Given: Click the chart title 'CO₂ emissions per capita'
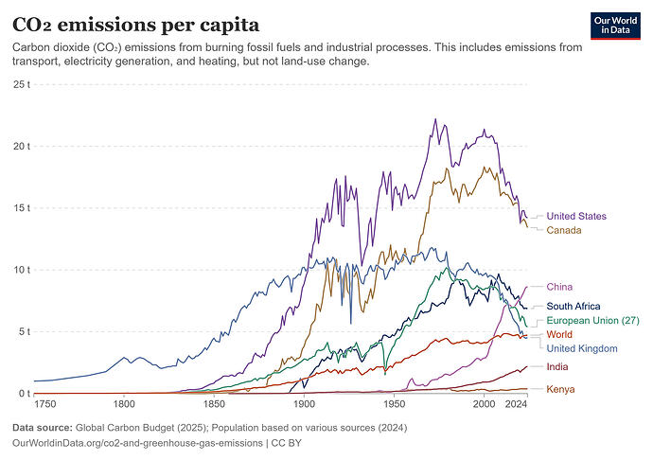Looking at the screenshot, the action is click(135, 25).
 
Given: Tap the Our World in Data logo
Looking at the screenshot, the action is click(615, 26).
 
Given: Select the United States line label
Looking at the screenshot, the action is click(576, 216).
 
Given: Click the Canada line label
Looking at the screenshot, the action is click(564, 230).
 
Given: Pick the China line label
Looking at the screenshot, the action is click(559, 287).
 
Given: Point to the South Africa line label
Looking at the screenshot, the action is click(574, 307).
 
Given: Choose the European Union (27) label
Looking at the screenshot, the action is click(592, 321).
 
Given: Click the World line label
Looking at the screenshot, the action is click(559, 334).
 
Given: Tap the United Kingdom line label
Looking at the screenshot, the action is click(582, 348).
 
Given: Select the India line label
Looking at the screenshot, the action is click(557, 366).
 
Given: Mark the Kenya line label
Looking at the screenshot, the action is click(560, 389).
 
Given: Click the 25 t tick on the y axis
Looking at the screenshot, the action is click(22, 84).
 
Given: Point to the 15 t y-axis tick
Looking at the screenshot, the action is click(22, 208).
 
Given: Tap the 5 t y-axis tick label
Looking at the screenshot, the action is click(25, 331).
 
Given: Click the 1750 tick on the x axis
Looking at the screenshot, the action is click(44, 404).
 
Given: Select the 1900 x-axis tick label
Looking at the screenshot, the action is click(304, 404).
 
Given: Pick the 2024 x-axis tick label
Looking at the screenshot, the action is click(517, 404).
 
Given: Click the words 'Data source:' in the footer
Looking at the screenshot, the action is click(42, 428).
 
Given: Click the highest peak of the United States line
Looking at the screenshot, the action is click(435, 118).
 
